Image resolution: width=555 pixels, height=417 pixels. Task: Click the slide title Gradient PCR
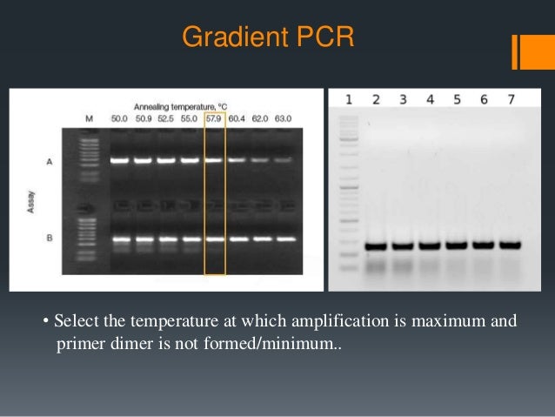tap(267, 37)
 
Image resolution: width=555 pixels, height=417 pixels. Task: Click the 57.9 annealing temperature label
tap(214, 118)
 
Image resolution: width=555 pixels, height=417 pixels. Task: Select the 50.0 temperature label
tap(119, 118)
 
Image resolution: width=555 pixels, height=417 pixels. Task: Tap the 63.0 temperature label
tap(284, 118)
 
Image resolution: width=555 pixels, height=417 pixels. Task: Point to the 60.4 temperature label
tap(237, 118)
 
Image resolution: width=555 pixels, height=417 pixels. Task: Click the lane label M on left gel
tap(89, 118)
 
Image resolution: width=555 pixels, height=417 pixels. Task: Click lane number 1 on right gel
tap(349, 99)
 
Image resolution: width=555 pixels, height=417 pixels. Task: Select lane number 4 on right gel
tap(430, 99)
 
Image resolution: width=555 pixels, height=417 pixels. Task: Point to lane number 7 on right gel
tap(511, 99)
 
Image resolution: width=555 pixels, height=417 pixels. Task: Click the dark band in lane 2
tap(376, 246)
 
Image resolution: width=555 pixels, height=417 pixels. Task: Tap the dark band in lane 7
tap(511, 245)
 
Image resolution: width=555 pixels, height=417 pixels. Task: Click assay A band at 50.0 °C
tap(119, 161)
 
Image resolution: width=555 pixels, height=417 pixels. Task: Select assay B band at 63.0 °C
tap(284, 238)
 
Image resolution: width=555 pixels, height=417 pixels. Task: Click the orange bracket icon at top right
tap(526, 51)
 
